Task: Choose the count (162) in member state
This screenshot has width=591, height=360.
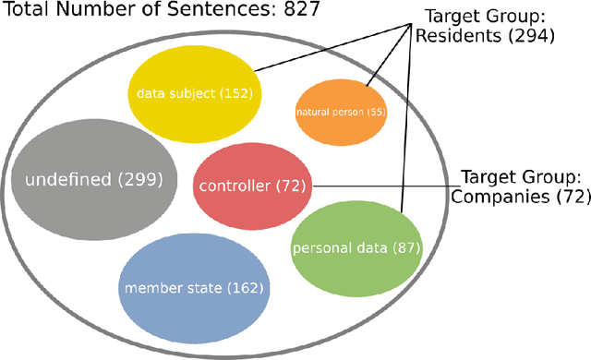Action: (245, 288)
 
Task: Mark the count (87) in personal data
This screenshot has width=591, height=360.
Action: (406, 248)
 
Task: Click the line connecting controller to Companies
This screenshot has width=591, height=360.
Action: (388, 186)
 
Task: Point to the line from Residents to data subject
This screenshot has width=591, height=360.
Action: (332, 46)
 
